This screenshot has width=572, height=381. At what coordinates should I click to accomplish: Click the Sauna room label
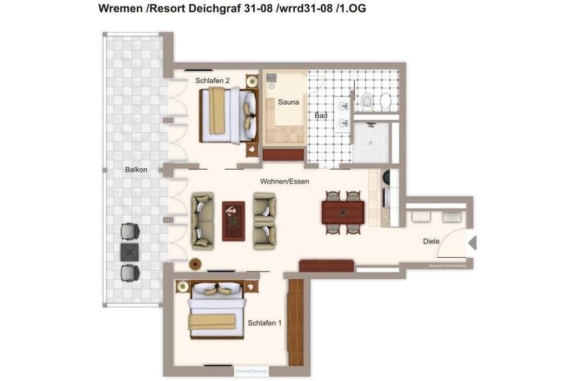click(288, 102)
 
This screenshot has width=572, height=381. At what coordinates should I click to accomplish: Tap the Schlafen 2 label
click(212, 80)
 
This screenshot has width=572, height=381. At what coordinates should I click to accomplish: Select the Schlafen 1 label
click(265, 323)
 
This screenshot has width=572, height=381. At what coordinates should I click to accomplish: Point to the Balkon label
click(136, 170)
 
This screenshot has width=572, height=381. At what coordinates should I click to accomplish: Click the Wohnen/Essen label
click(285, 181)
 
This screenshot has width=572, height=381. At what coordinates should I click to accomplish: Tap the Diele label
click(431, 241)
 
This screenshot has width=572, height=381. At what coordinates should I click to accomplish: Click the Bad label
click(321, 115)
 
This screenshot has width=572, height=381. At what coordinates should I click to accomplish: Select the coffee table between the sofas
click(233, 221)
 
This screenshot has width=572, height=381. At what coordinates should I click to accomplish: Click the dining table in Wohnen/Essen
click(343, 212)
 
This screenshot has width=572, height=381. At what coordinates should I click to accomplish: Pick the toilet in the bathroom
click(367, 102)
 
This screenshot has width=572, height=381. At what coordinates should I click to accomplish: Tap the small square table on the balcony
click(129, 252)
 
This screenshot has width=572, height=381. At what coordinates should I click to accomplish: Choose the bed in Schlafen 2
click(227, 115)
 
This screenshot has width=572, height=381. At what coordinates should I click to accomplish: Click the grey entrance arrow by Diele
click(472, 243)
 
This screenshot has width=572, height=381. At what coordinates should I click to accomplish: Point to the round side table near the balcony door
click(195, 263)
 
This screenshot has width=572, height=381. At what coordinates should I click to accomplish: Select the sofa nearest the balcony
click(202, 220)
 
